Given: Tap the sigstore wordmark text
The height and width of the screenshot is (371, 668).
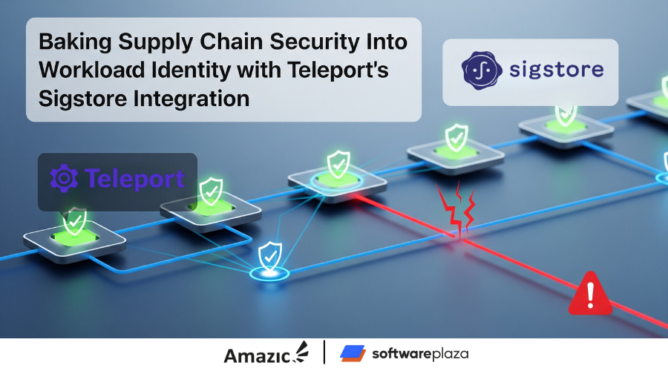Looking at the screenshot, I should coord(557,70).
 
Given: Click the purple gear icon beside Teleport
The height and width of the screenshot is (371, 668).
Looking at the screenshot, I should coord(65,178).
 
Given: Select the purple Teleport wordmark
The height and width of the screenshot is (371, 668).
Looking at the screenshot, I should coord(134,179).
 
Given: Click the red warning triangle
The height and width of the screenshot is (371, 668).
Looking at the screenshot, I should coord(590,294).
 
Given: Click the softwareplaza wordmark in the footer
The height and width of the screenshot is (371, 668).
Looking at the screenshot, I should coord(420,353).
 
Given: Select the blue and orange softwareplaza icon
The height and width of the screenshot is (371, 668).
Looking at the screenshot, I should coord(353,353).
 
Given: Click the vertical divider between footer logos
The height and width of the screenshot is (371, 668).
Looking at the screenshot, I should coord(324,352).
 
